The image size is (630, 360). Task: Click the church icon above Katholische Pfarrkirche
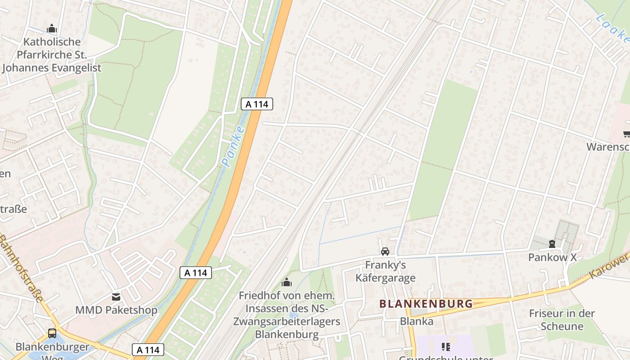52,29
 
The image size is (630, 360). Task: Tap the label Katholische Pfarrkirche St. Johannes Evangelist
52,55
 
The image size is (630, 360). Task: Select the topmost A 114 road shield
257,104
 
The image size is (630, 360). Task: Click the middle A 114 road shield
196,272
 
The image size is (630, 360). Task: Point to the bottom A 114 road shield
148,350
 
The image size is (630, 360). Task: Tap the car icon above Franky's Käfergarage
385,251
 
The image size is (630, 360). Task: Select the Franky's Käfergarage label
385,271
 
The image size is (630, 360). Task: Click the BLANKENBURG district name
426,304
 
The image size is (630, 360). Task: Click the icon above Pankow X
552,244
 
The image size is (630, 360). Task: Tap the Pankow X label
552,257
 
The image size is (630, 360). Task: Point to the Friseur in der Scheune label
562,319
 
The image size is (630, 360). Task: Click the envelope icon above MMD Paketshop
116,297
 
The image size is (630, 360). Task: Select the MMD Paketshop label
116,310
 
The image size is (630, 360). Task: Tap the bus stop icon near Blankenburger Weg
52,333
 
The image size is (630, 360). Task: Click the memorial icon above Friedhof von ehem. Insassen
287,282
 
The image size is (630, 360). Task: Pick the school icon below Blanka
445,346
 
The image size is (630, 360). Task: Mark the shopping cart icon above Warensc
626,134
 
